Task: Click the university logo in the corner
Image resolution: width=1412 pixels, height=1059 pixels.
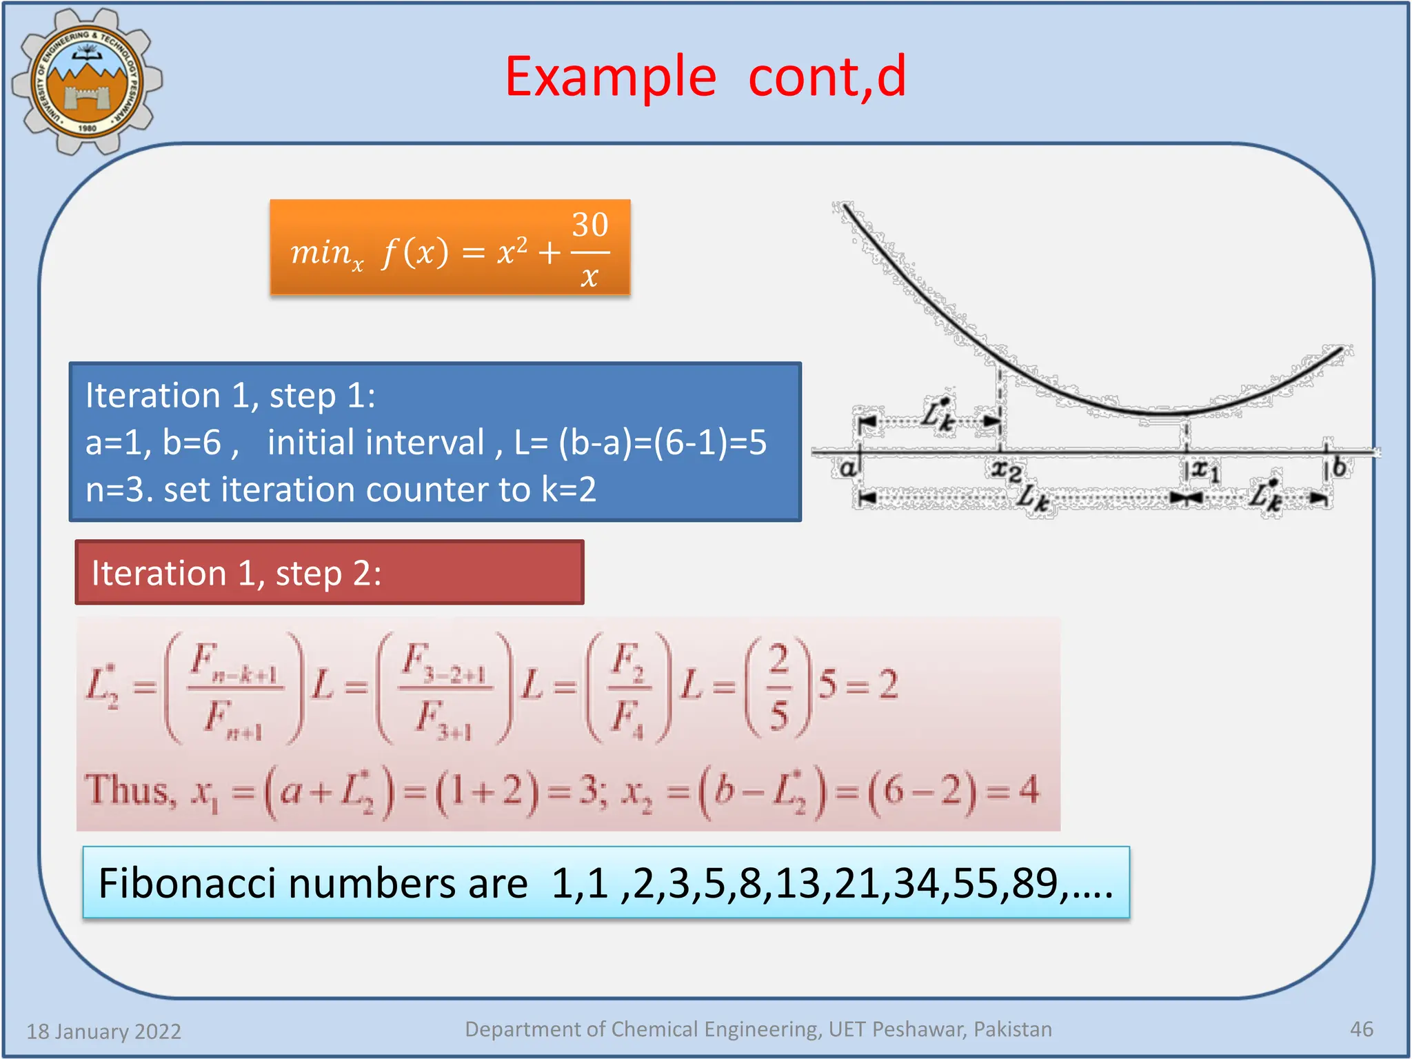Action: [x=87, y=81]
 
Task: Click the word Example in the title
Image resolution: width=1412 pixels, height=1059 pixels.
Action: [x=610, y=77]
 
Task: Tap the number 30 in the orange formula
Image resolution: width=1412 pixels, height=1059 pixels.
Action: [x=590, y=225]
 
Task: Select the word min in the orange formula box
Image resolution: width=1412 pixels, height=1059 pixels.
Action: [x=321, y=252]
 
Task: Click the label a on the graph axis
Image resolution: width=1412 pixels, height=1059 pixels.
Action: [x=847, y=469]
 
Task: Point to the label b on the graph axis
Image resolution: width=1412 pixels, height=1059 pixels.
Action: [x=1339, y=467]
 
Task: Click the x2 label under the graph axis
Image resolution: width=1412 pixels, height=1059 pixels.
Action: [x=1006, y=472]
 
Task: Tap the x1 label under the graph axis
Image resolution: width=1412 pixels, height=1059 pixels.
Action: [x=1205, y=471]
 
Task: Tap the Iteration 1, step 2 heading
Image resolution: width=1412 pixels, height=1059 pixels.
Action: [x=236, y=574]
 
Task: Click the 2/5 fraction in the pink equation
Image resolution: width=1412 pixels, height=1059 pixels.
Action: [x=778, y=687]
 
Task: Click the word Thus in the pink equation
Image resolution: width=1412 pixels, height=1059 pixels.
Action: [x=129, y=790]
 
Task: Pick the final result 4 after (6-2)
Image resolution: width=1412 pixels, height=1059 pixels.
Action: [x=1029, y=790]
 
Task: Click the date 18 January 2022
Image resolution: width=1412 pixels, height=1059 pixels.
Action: [x=104, y=1031]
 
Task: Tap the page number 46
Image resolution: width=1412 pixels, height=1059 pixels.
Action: [x=1361, y=1029]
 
